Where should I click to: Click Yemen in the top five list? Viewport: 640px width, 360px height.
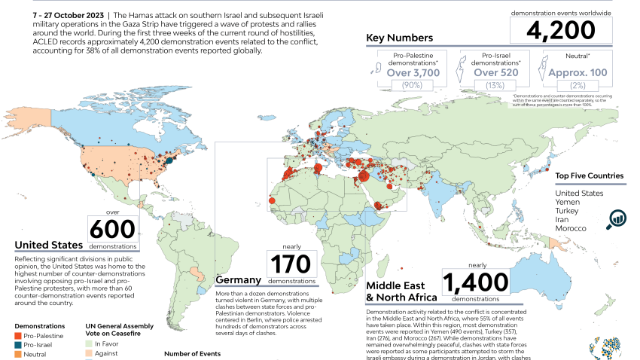point(569,202)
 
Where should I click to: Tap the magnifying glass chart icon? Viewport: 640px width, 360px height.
point(618,218)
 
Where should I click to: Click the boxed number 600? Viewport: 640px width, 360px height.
point(112,228)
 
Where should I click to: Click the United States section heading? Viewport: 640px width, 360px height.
point(49,245)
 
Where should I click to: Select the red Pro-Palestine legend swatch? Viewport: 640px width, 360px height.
point(19,334)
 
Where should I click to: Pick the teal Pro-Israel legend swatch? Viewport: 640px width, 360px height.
point(19,343)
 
